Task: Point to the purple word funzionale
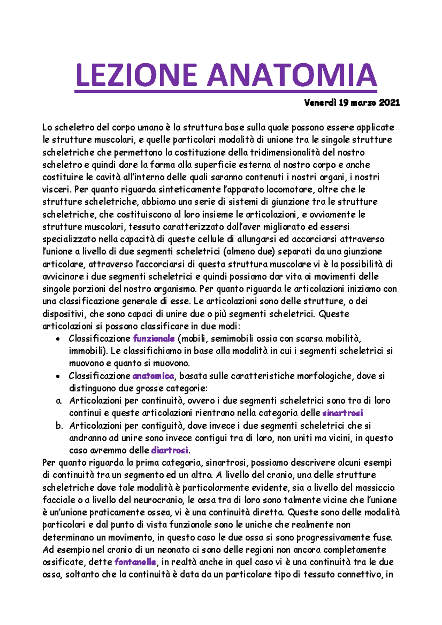point(154,338)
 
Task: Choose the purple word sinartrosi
point(343,413)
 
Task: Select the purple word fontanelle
point(135,562)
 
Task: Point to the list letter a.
point(59,401)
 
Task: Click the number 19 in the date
point(344,103)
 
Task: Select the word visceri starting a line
point(57,190)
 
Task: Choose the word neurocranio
point(161,500)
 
